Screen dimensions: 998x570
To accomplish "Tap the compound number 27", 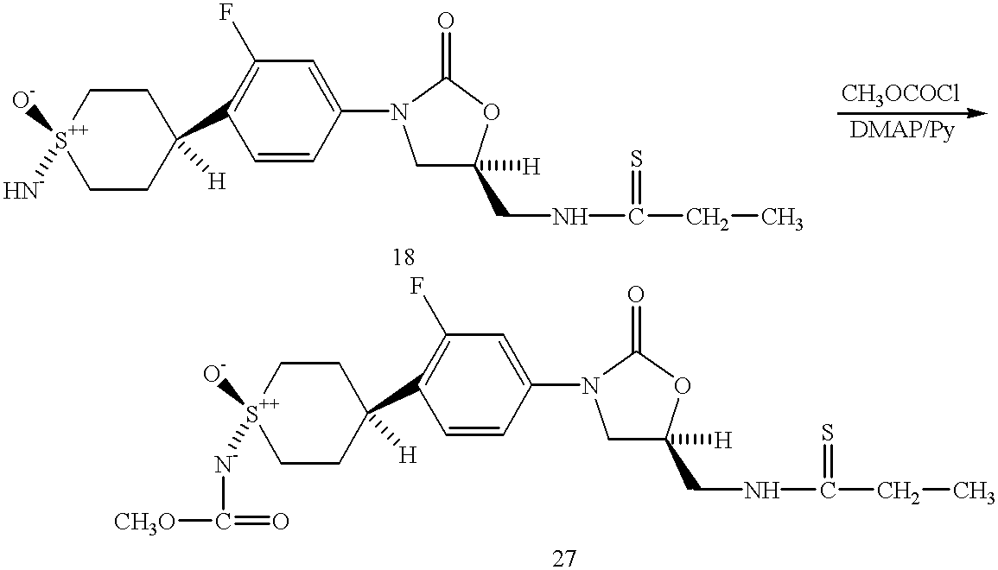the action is [x=563, y=556].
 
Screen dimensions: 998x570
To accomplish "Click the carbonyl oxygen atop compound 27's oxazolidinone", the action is [x=636, y=294].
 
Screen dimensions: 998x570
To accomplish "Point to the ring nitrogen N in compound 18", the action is [x=397, y=111].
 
